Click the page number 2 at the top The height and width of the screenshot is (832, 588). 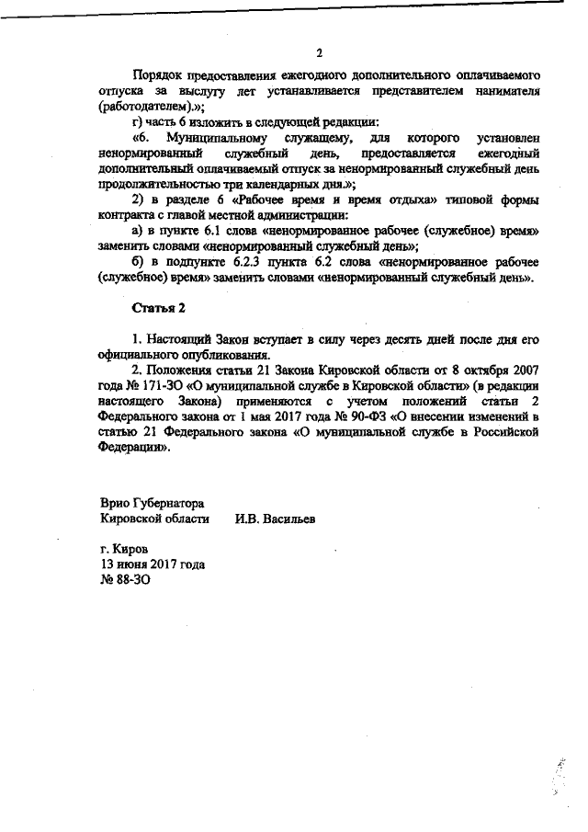coord(319,51)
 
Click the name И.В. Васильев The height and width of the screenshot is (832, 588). coord(275,519)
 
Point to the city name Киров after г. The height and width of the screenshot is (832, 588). coord(131,549)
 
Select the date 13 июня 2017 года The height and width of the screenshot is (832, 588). coord(153,564)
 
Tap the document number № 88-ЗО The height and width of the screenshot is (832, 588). coord(124,580)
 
